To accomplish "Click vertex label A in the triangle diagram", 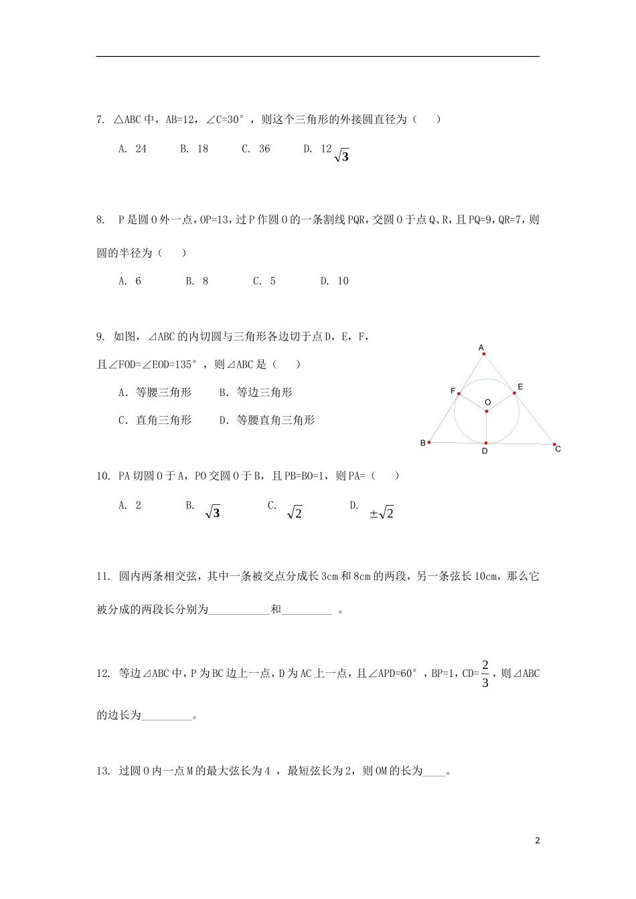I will [x=481, y=347].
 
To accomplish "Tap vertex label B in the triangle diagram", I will [x=422, y=443].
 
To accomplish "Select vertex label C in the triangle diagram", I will [x=558, y=449].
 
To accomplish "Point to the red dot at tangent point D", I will [x=486, y=443].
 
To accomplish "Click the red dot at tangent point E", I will [x=514, y=393].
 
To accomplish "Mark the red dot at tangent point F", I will [x=459, y=394].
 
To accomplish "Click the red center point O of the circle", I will [x=487, y=411].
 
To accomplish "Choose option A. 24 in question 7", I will [x=133, y=149].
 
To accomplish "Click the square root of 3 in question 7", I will [x=341, y=156].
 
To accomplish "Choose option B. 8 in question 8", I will [x=197, y=281].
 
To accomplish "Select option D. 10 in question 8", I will [x=334, y=281].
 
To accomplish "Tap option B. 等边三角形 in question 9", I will [x=256, y=393].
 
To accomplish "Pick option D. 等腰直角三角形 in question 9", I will [x=266, y=420].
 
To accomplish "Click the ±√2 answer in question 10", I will [x=382, y=513].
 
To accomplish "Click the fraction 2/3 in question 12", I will [x=485, y=674].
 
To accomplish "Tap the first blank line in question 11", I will [x=239, y=610].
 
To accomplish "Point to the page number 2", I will [x=537, y=841].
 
